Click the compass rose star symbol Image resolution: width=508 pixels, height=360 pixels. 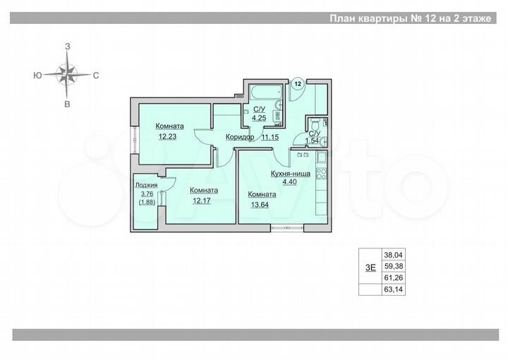click(68, 73)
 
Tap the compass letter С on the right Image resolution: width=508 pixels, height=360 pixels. click(95, 74)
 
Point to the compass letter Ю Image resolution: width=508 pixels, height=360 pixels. click(36, 74)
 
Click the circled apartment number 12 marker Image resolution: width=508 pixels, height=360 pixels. click(298, 83)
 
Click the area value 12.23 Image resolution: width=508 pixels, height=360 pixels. click(168, 137)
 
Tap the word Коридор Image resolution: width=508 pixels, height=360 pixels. click(240, 138)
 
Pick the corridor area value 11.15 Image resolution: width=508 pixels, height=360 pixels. click(271, 138)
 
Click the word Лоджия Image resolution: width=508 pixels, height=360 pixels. click(146, 186)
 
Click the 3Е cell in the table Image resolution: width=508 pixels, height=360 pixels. click(370, 266)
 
